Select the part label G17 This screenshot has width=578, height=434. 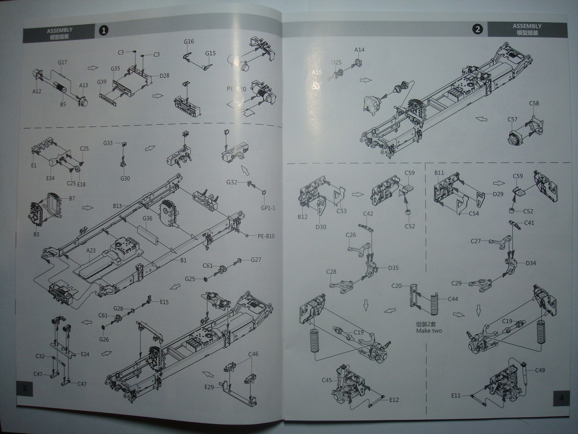point(63,62)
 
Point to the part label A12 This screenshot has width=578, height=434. point(37,91)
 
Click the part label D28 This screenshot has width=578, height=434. point(164,75)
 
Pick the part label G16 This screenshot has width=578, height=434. point(189,41)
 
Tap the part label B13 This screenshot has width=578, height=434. point(117,206)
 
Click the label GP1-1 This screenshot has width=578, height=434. point(268,208)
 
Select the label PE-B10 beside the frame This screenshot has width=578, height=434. point(263,236)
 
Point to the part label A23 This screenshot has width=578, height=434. point(91,250)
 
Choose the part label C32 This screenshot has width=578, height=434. point(40,356)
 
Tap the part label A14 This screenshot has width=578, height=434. point(360,50)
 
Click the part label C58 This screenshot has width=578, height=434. point(534,103)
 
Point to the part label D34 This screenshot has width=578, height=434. point(531,263)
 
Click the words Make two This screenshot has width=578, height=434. point(429,331)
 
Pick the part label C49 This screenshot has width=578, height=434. point(540,370)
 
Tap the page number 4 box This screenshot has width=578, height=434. point(559,398)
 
